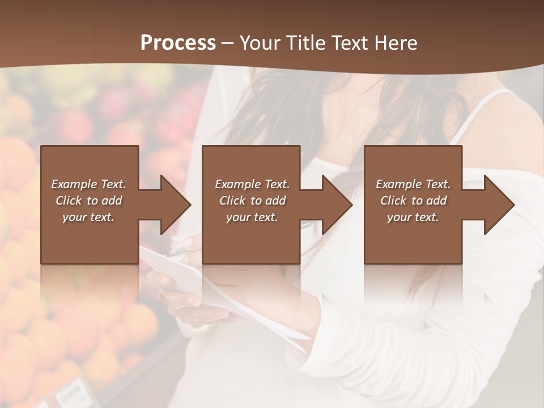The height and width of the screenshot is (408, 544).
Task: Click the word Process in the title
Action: point(178,43)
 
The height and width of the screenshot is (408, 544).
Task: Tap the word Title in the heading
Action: point(305,43)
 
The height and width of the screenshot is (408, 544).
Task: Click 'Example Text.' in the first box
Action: point(88,184)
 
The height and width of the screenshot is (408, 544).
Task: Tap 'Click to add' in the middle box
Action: point(252,201)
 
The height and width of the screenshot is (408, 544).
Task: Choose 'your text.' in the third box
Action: point(413,217)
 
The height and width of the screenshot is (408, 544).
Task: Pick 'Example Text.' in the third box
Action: point(413,184)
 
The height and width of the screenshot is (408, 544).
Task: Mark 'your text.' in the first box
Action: point(88,217)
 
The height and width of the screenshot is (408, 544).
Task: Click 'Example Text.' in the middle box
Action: point(252,184)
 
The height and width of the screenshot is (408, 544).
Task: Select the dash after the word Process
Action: point(228,44)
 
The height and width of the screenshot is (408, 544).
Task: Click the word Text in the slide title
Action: point(347,43)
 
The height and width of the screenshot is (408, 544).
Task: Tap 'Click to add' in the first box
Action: point(88,201)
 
